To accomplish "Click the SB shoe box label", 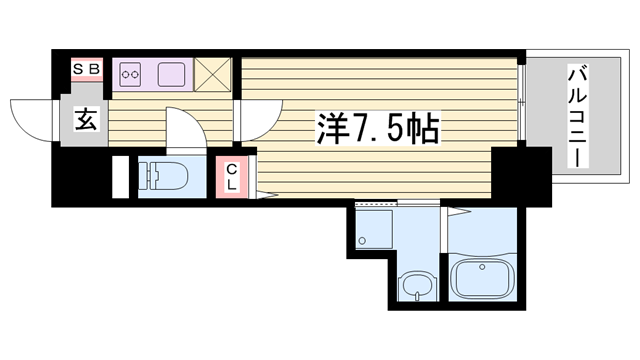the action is (x=87, y=69).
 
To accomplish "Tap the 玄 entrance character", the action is (x=86, y=119).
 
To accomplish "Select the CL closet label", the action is (x=232, y=177).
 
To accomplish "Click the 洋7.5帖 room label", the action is (x=378, y=128).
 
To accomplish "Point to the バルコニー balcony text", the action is (x=578, y=118).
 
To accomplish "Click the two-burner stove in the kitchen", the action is (x=131, y=74).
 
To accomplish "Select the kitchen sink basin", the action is (x=171, y=74).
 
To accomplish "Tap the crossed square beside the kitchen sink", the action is (x=212, y=74).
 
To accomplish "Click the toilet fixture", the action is (x=162, y=176).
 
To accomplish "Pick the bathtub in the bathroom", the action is (x=482, y=279).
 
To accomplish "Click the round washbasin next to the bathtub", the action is (x=417, y=286).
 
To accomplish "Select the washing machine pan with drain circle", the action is (x=373, y=229).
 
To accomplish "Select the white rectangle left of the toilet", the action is (x=120, y=177).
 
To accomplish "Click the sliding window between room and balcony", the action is (x=521, y=102).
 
